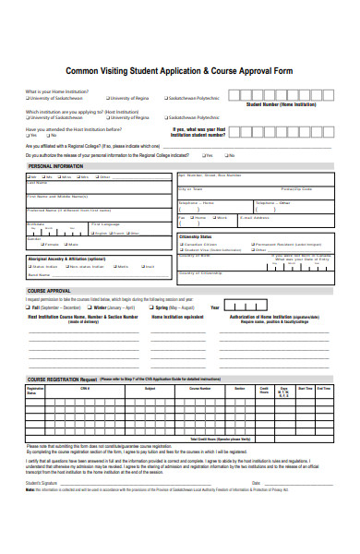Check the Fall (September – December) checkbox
30,307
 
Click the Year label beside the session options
215,307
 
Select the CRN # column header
84,389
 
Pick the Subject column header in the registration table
150,389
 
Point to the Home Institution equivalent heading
178,316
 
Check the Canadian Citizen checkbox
181,245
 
